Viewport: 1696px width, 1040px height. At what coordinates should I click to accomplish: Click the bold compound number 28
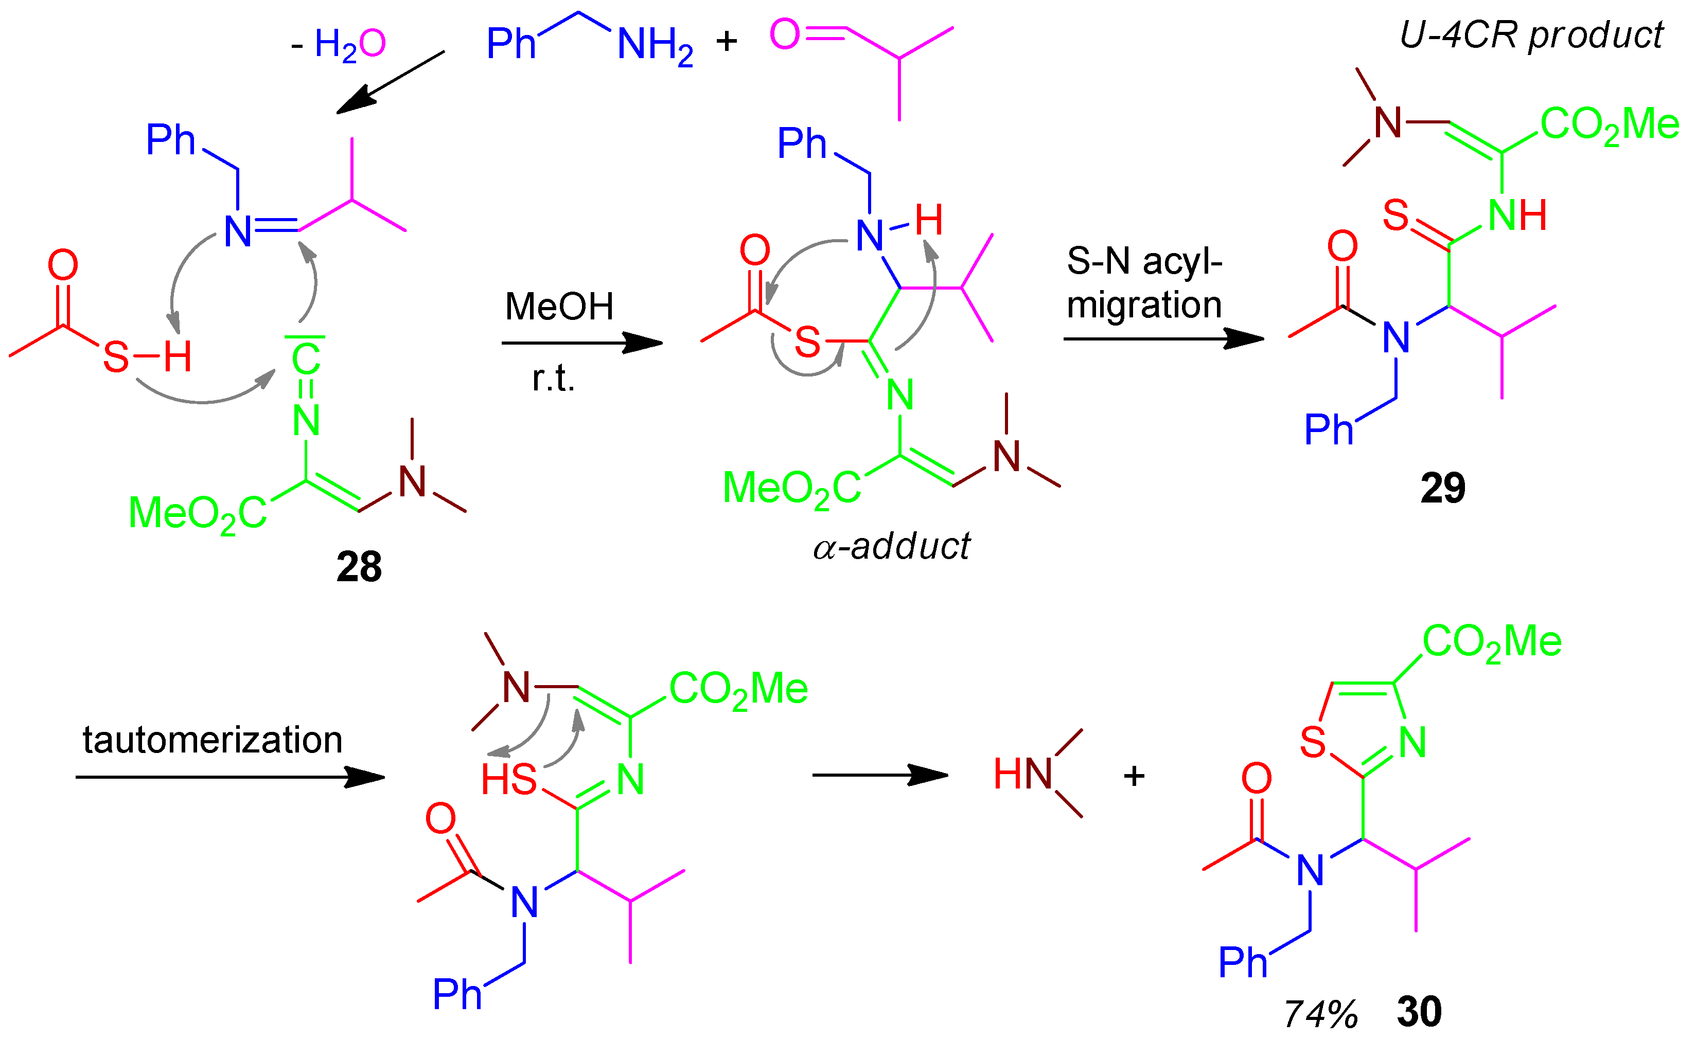(x=359, y=567)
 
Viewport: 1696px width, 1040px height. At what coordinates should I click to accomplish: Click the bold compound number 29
(x=1443, y=488)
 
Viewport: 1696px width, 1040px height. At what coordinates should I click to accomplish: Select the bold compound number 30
(x=1419, y=1012)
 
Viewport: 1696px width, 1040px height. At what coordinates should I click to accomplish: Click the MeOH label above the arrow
(x=559, y=307)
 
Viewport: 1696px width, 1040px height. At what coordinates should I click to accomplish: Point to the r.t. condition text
(x=553, y=379)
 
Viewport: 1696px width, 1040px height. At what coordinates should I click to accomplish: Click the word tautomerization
(x=212, y=741)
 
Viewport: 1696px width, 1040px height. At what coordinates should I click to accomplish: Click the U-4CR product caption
(x=1531, y=35)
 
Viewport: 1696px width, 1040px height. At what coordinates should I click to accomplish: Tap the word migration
(x=1144, y=304)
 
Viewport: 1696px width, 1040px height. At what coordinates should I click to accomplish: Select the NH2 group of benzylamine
(x=655, y=45)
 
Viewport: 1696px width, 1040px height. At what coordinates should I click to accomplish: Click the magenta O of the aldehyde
(x=785, y=34)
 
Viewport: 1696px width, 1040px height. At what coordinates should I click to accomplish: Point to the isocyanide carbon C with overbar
(x=306, y=357)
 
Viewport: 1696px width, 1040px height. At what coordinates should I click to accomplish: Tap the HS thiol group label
(x=509, y=780)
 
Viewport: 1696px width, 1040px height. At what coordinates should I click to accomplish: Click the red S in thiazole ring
(x=1313, y=743)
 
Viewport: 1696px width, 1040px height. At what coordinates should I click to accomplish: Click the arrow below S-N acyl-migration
(x=1163, y=338)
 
